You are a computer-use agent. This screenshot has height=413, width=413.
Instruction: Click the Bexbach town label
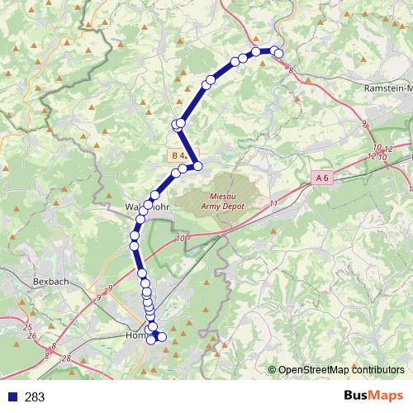click(50, 282)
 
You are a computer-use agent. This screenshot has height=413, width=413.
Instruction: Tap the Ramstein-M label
click(387, 87)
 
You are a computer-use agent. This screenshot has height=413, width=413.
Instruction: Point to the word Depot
click(232, 207)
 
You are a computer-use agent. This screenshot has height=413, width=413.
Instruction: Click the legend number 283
click(36, 397)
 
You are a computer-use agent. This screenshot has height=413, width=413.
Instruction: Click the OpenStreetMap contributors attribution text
click(340, 370)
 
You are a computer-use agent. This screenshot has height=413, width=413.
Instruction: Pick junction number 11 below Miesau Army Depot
click(273, 202)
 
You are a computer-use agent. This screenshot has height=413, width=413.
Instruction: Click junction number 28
click(67, 358)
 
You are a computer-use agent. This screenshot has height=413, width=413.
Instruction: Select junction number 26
click(31, 336)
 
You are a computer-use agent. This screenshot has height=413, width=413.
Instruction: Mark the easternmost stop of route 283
click(278, 54)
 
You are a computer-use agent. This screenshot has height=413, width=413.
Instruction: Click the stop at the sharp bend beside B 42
click(197, 166)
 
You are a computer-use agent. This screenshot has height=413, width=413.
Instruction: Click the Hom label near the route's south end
click(134, 336)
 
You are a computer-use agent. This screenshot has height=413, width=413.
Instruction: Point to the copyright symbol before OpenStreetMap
click(272, 370)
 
